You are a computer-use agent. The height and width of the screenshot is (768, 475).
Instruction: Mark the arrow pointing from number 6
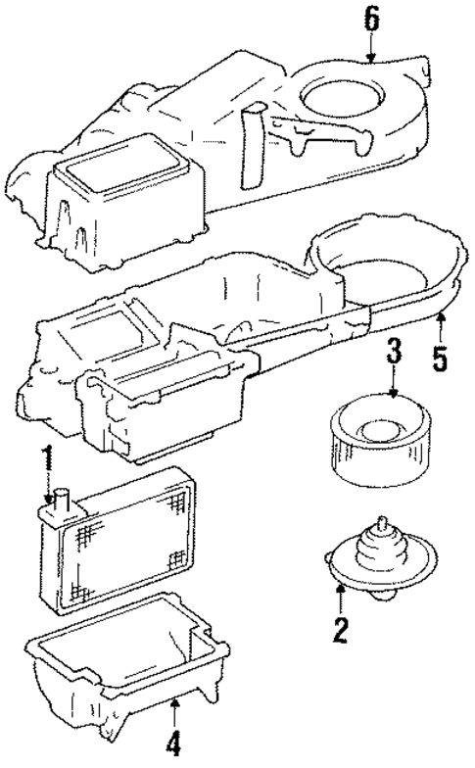[370, 50]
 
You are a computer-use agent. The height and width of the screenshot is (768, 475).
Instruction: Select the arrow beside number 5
[440, 323]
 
